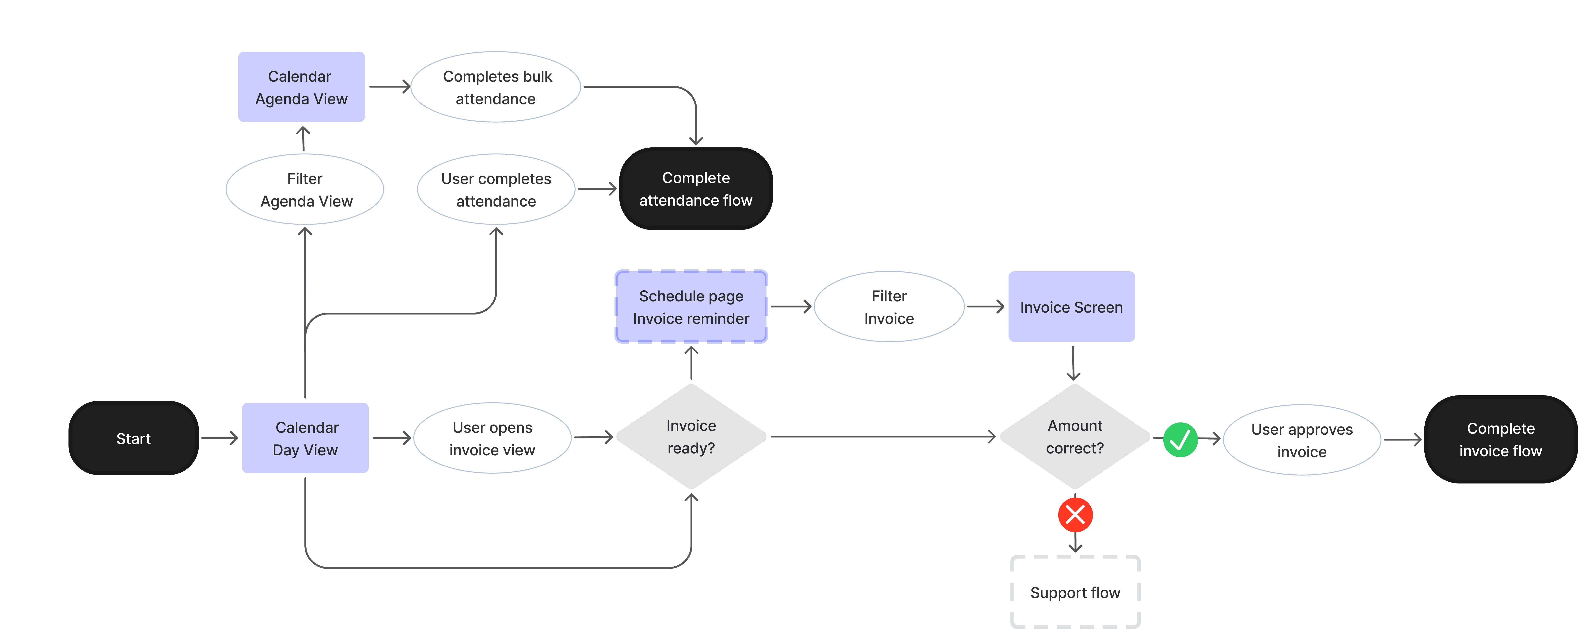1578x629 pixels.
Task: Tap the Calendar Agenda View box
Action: click(x=301, y=87)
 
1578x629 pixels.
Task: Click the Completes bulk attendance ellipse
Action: click(x=496, y=87)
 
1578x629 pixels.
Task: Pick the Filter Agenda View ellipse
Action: click(x=305, y=189)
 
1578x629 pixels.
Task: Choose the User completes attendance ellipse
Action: click(x=496, y=189)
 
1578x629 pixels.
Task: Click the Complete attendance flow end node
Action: click(x=696, y=189)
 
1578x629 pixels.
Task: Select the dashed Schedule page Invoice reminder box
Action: click(x=691, y=307)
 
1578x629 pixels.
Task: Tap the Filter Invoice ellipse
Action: click(x=889, y=307)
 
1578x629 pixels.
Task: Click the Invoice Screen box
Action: click(x=1071, y=307)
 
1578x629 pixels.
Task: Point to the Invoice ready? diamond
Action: click(x=691, y=437)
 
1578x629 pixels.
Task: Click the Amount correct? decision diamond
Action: click(x=1075, y=437)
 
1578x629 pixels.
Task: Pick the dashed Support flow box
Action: click(x=1075, y=592)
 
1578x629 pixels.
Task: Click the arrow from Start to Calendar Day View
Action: click(x=219, y=438)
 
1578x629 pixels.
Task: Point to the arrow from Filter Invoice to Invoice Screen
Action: click(x=986, y=307)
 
